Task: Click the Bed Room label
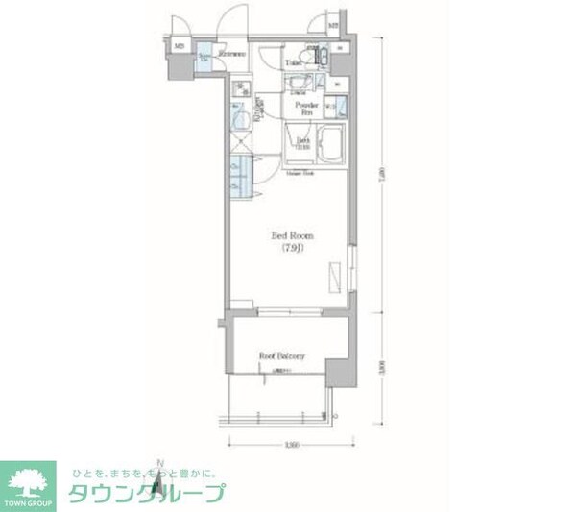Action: (x=293, y=235)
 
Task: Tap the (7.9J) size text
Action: (x=293, y=250)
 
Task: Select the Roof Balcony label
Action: (x=281, y=357)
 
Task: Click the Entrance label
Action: (x=231, y=55)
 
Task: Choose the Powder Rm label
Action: (x=306, y=108)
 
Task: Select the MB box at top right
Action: (x=333, y=26)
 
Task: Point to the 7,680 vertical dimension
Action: (x=383, y=173)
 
